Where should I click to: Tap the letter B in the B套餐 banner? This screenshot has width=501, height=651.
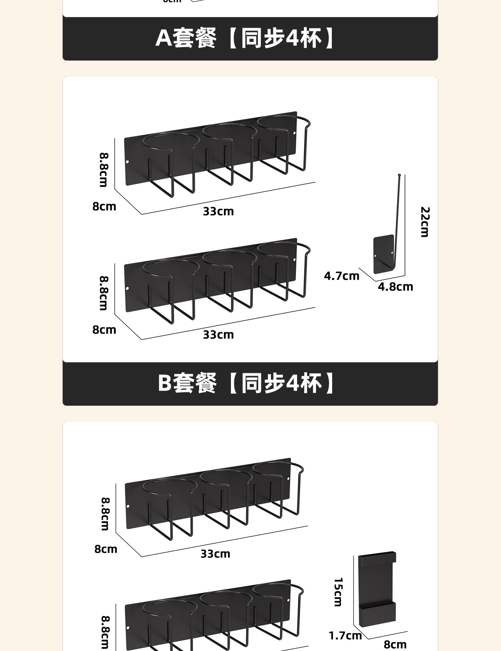tap(165, 383)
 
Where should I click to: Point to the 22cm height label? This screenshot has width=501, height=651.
tap(425, 222)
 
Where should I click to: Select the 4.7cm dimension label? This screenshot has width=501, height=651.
tap(341, 276)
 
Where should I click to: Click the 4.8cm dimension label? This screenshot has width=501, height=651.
tap(395, 287)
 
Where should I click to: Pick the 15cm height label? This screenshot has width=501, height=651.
tap(338, 592)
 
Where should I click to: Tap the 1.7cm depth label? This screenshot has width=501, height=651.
tap(345, 636)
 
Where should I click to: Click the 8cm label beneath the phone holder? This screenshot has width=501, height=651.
tap(395, 644)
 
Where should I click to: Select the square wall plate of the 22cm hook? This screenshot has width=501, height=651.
tap(383, 254)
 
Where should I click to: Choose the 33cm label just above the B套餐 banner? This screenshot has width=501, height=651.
tap(218, 335)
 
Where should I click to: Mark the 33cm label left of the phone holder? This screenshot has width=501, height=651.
tap(215, 554)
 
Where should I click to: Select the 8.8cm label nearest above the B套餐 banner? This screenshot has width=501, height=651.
tap(104, 293)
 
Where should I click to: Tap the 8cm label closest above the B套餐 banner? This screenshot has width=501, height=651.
tap(104, 330)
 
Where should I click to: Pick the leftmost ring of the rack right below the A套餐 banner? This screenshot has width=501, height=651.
tap(170, 141)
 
